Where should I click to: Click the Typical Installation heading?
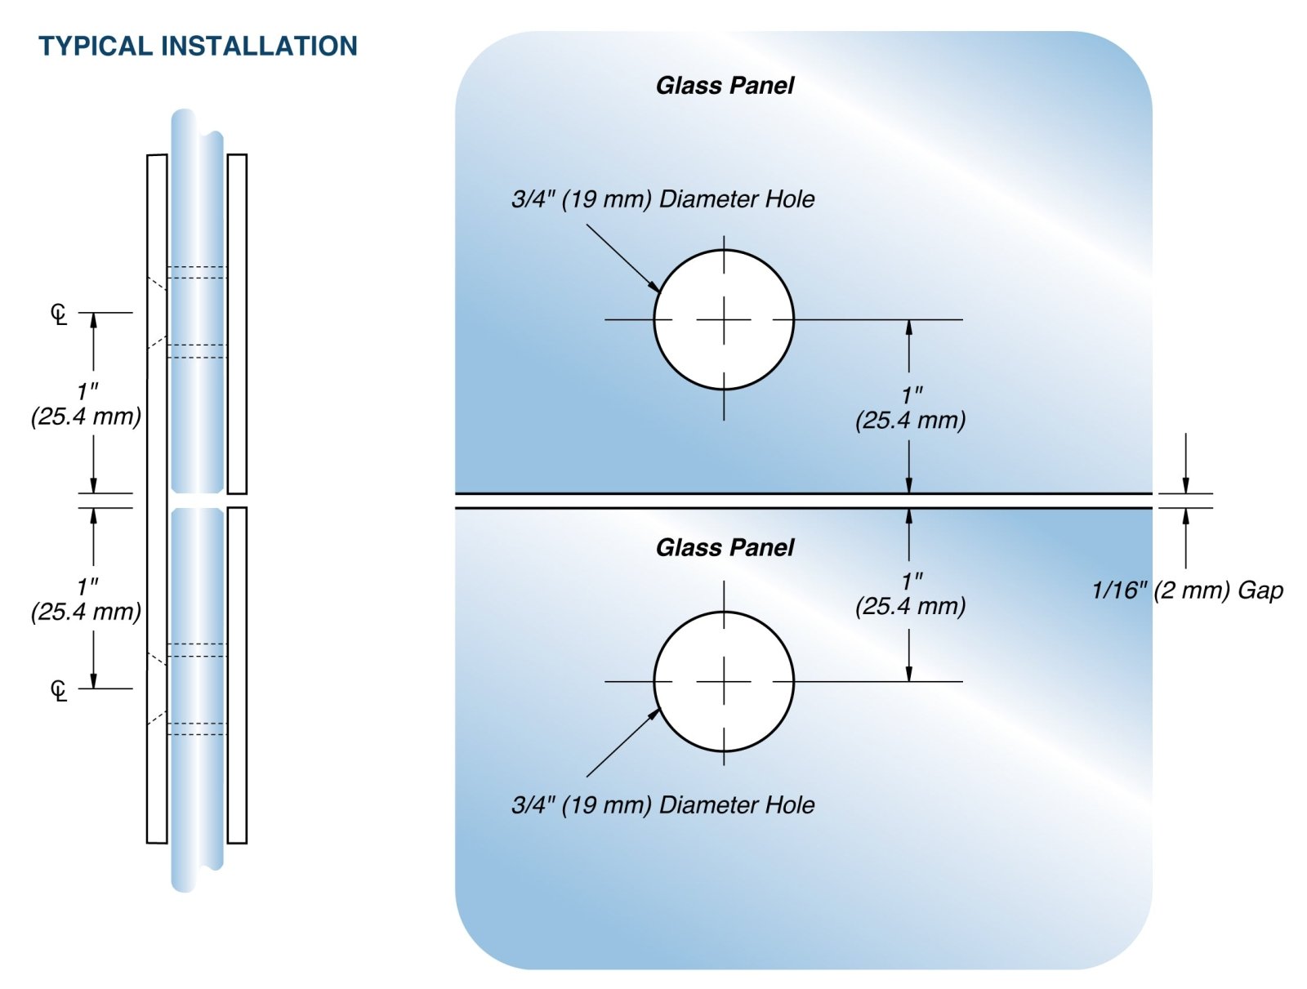[x=198, y=46]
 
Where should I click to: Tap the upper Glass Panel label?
[x=725, y=85]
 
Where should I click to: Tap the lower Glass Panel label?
[x=725, y=547]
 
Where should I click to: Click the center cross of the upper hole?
[x=724, y=319]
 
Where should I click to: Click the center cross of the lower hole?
[x=724, y=681]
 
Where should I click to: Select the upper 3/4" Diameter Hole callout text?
[x=662, y=198]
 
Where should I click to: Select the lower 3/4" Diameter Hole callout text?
[x=662, y=804]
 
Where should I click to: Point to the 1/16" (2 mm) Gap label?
[x=1187, y=590]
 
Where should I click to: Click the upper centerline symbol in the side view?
[x=59, y=314]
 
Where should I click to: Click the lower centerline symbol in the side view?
[x=59, y=690]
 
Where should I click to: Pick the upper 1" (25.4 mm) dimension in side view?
[x=87, y=404]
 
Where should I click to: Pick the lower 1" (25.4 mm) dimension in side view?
[x=87, y=599]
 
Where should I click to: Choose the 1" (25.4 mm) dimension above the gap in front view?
[x=911, y=408]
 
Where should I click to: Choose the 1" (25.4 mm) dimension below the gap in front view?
[x=911, y=594]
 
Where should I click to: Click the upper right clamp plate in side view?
[x=237, y=323]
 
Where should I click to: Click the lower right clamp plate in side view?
[x=237, y=675]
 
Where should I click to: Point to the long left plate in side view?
[x=157, y=498]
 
